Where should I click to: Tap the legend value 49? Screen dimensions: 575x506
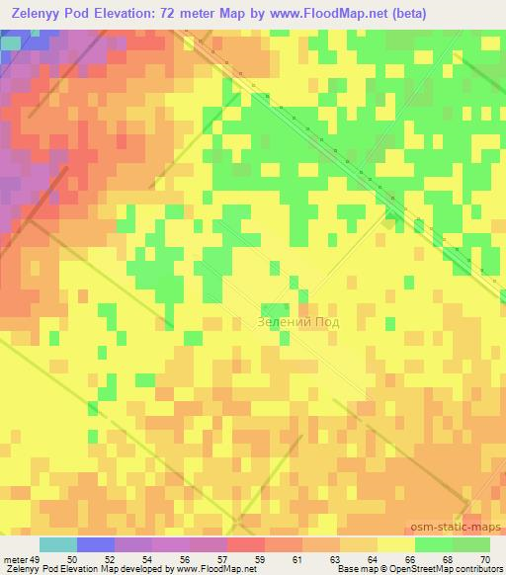click(39, 532)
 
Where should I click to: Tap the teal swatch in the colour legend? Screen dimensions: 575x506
click(57, 544)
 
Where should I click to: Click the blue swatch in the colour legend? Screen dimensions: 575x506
click(95, 544)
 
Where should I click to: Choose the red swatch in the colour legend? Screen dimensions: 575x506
click(245, 544)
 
